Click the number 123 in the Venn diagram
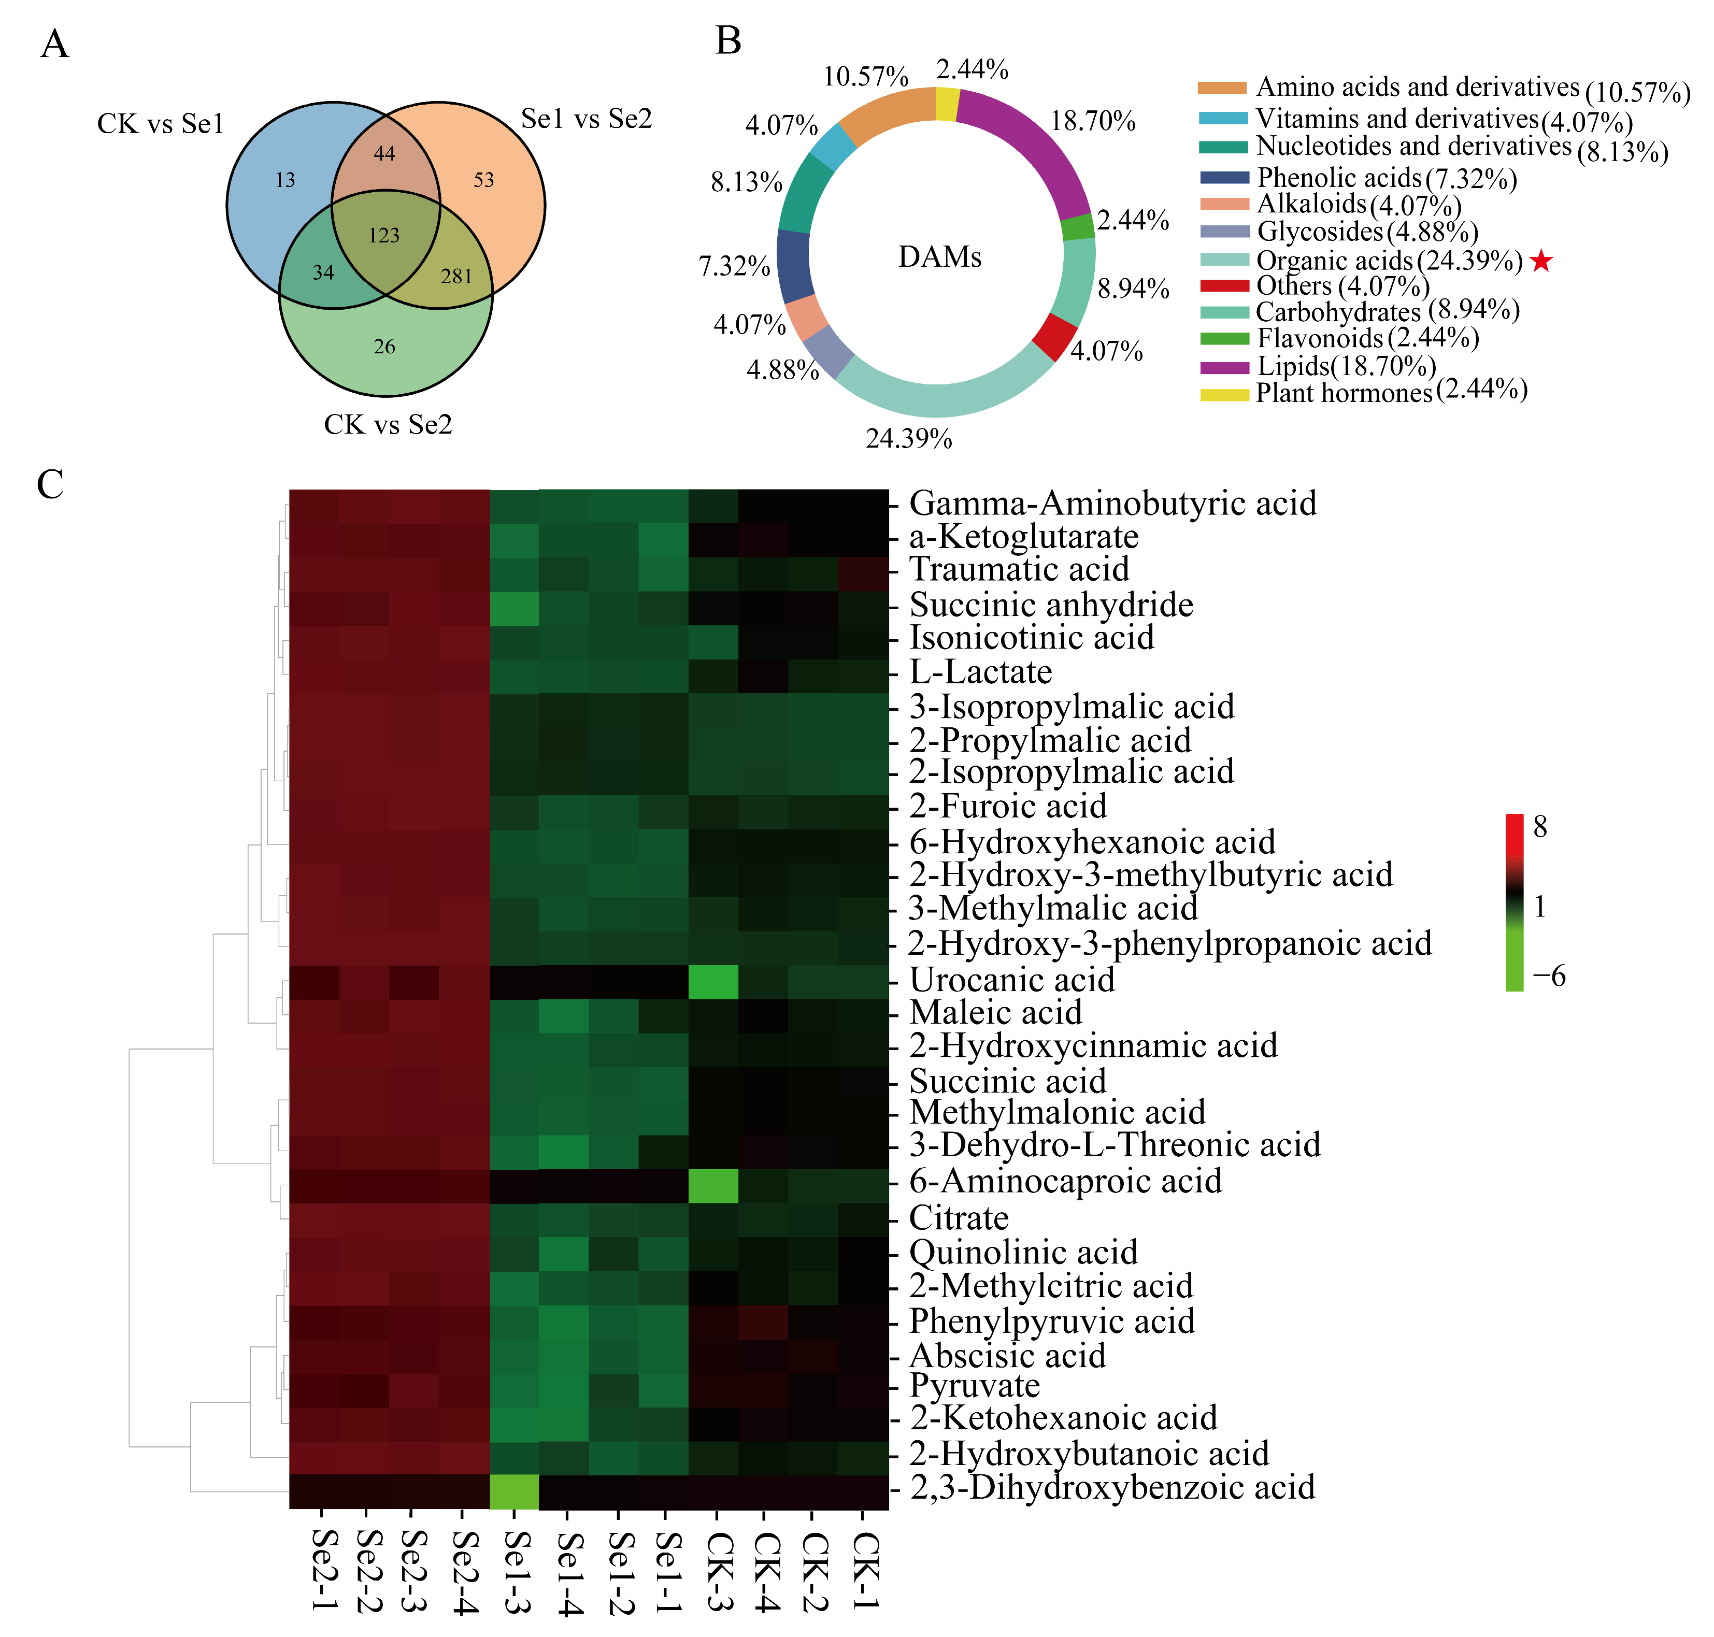coord(384,236)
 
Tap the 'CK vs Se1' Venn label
coord(161,124)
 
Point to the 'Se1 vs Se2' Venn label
coord(587,119)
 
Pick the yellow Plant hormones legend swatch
coord(1223,394)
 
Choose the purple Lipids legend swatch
coord(1223,367)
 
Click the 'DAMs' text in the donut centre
coord(940,257)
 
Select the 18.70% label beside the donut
coord(1093,121)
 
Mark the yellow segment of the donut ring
coord(947,104)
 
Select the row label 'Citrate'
coord(958,1217)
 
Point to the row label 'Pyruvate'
coord(974,1386)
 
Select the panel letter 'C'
coord(51,484)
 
